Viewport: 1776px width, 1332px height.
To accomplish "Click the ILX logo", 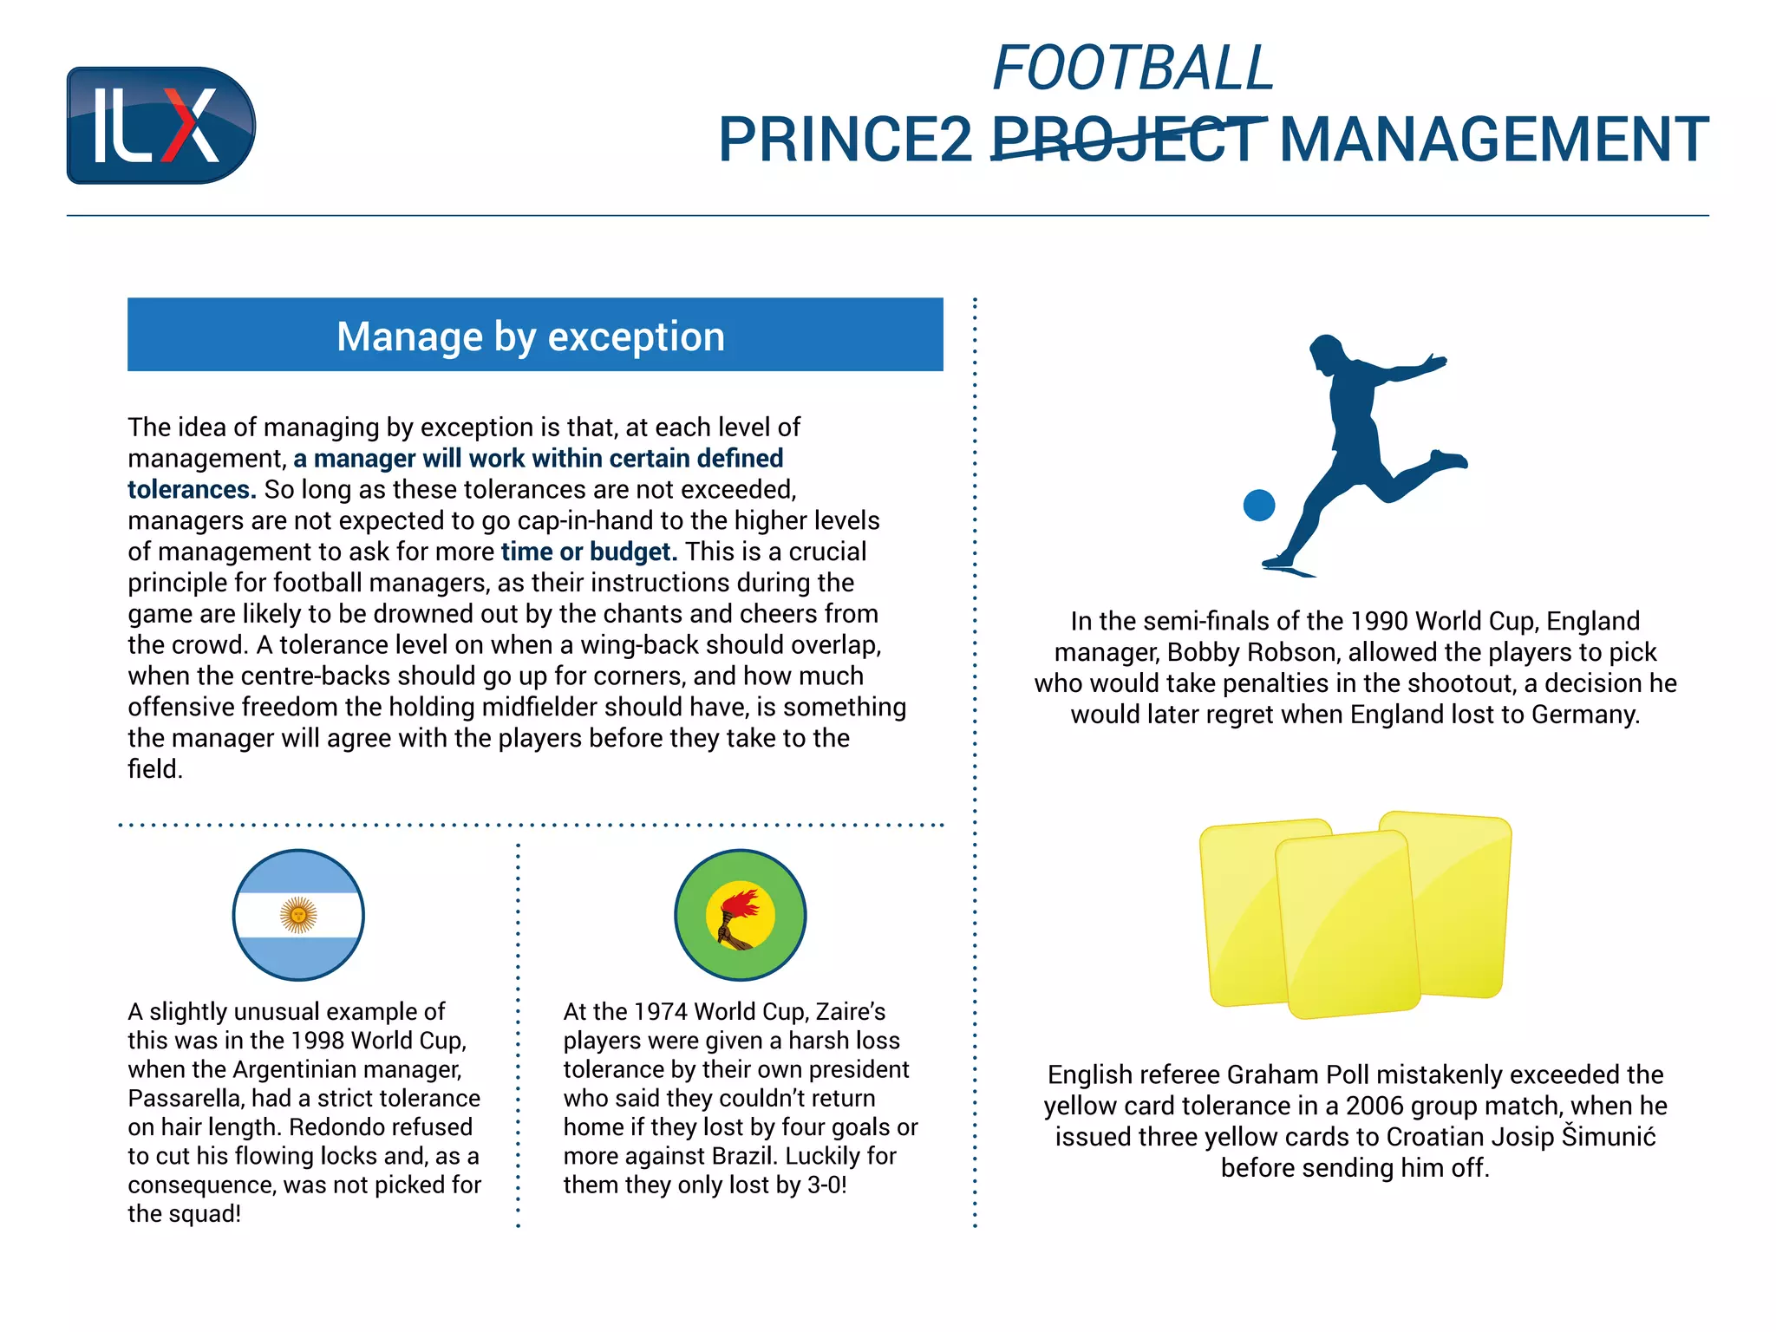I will click(160, 126).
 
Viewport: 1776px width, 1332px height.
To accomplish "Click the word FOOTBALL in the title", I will click(1133, 69).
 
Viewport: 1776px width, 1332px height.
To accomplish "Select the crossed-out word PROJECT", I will click(1127, 140).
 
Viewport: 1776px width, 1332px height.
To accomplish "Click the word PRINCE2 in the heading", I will click(846, 140).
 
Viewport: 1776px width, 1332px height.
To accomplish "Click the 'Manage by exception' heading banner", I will click(534, 336).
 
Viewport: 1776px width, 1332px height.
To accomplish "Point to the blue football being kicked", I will click(1258, 505).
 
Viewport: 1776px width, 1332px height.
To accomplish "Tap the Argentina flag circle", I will click(298, 915).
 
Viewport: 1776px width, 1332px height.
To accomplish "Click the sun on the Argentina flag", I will click(298, 915).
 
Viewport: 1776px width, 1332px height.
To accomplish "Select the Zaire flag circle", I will click(740, 915).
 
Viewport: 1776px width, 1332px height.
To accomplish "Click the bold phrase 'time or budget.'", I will click(589, 552).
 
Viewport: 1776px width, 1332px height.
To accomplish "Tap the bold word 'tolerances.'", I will click(192, 490).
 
